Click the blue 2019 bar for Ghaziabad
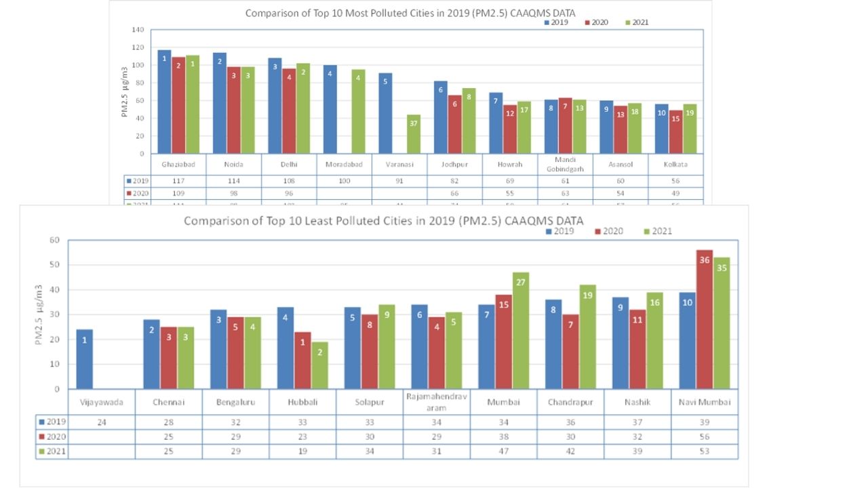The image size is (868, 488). point(164,102)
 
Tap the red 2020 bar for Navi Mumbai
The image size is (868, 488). point(705,319)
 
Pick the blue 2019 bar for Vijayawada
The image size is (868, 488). point(85,359)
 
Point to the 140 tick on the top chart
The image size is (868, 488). point(138,30)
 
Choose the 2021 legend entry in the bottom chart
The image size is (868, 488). point(658,231)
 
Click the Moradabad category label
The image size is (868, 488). point(344,165)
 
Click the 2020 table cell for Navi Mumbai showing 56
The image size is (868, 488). point(705,437)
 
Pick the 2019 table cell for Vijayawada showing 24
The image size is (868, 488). point(102,422)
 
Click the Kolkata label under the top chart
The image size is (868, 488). point(675,165)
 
